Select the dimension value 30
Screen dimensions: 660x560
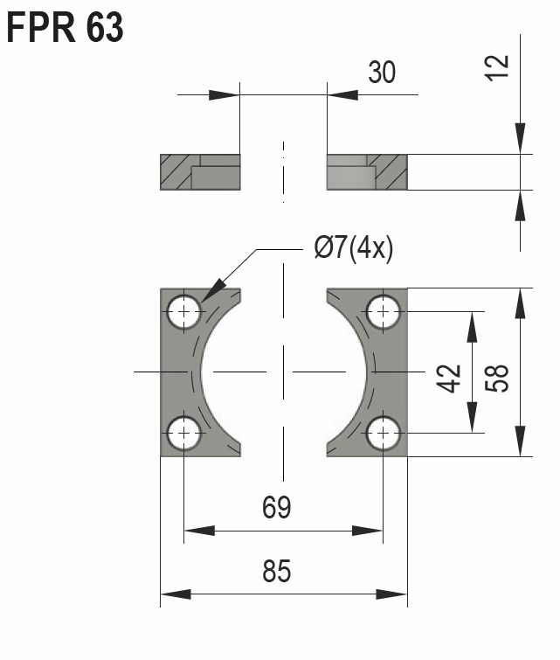click(x=380, y=73)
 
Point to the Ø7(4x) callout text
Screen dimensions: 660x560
click(x=353, y=250)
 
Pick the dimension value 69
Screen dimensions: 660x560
click(x=276, y=507)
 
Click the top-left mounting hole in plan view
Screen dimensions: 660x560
click(x=184, y=312)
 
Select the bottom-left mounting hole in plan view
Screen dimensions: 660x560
click(x=184, y=432)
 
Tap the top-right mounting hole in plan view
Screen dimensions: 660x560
click(x=384, y=312)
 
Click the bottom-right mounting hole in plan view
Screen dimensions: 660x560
click(x=384, y=432)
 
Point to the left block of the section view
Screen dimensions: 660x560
click(x=200, y=172)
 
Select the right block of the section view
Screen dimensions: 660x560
click(x=367, y=172)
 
